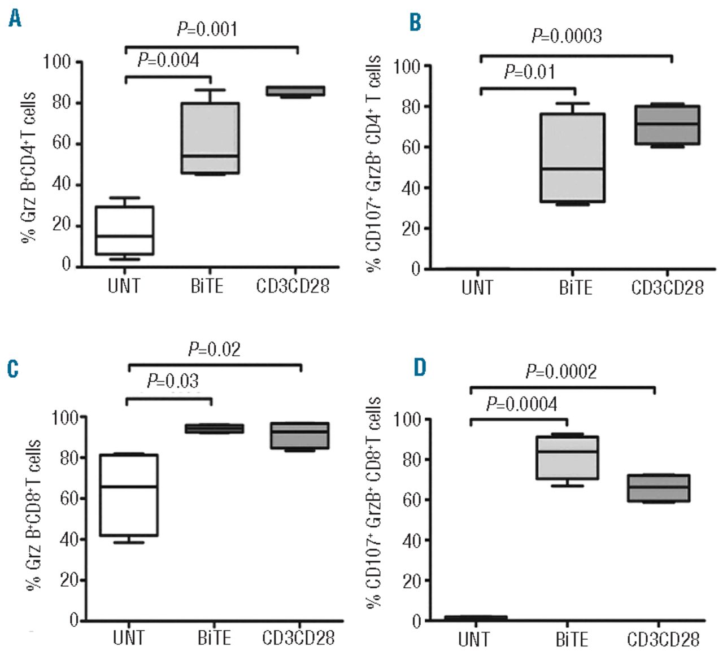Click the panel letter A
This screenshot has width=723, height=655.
pos(15,20)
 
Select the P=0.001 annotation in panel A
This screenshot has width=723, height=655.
pos(207,29)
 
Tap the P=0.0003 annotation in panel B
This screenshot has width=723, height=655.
pos(567,36)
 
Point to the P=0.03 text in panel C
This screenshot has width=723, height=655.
pos(173,381)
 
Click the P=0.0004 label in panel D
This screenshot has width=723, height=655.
pos(521,404)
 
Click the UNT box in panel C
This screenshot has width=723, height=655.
pos(129,495)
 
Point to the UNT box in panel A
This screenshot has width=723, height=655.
pos(124,230)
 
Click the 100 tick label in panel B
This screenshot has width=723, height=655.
pos(407,67)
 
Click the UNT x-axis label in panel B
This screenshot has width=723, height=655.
pos(477,287)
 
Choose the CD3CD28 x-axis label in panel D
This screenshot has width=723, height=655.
pos(664,639)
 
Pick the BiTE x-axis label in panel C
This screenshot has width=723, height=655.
pos(214,638)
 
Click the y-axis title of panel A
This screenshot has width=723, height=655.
pos(29,167)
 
